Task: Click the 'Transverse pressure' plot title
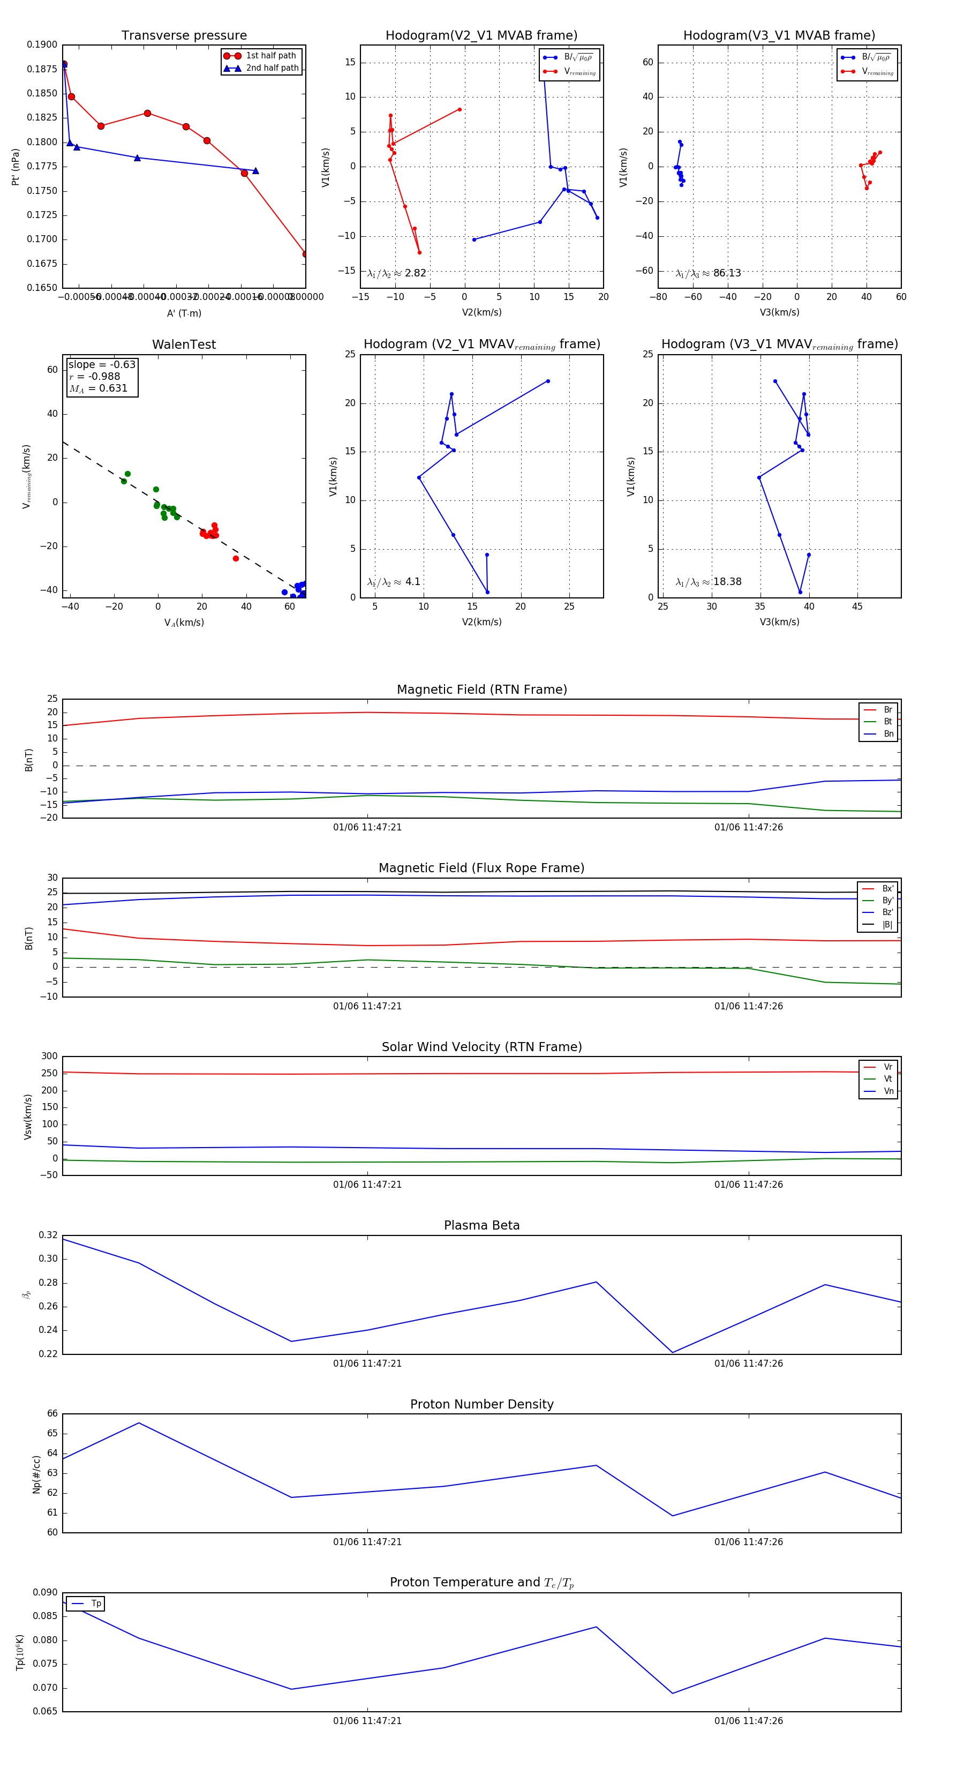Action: pyautogui.click(x=184, y=36)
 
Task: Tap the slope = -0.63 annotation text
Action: pyautogui.click(x=102, y=364)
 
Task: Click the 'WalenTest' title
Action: pyautogui.click(x=184, y=344)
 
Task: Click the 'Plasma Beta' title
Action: pyautogui.click(x=481, y=1225)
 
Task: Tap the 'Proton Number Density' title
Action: pyautogui.click(x=481, y=1404)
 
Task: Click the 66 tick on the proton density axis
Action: pyautogui.click(x=52, y=1413)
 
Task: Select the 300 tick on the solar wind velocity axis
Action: pyautogui.click(x=49, y=1057)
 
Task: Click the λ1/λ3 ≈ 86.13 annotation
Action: pyautogui.click(x=708, y=273)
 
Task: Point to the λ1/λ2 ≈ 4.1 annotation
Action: pyautogui.click(x=394, y=582)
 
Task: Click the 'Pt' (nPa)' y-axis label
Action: pyautogui.click(x=15, y=167)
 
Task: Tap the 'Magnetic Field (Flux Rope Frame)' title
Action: pyautogui.click(x=481, y=868)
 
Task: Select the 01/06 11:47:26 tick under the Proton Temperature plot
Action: pyautogui.click(x=749, y=1721)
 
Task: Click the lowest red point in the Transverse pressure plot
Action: pyautogui.click(x=305, y=254)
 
